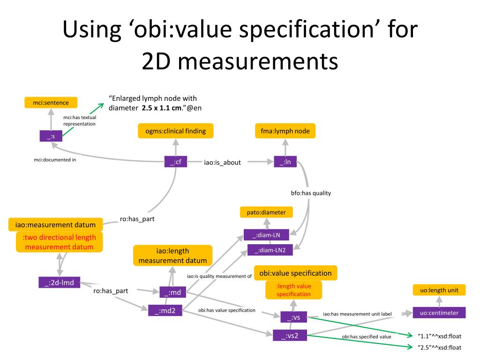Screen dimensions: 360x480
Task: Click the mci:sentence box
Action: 51,102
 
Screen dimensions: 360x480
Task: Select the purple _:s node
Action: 51,136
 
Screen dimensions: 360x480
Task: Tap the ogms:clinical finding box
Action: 175,131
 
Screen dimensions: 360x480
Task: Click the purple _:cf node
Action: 176,162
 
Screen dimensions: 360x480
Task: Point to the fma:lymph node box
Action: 285,131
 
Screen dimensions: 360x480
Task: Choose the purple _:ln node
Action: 285,162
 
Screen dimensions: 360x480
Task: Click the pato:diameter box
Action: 266,212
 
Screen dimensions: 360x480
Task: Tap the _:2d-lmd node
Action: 59,282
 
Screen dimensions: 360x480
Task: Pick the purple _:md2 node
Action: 165,310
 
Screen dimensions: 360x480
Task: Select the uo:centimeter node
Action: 439,313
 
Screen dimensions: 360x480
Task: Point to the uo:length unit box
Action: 439,290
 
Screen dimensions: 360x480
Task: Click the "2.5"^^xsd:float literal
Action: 439,347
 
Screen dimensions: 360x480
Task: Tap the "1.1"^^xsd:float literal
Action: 439,336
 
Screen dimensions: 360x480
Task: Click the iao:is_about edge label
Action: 222,162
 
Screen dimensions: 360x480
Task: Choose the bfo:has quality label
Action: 311,193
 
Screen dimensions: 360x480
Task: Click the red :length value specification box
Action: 293,290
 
